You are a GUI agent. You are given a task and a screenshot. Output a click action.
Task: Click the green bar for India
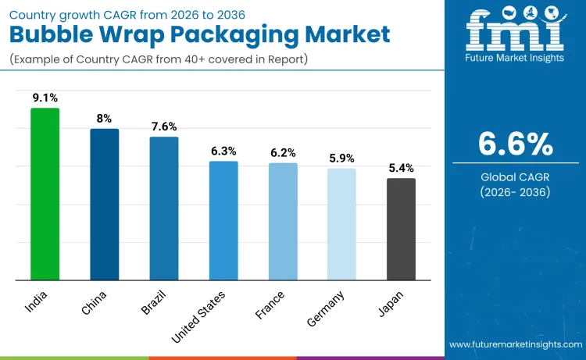pos(45,194)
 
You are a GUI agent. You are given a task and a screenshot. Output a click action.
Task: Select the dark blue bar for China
pos(104,204)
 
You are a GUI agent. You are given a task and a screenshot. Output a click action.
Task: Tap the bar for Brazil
pos(163,208)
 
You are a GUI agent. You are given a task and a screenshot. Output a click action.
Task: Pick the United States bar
pos(223,220)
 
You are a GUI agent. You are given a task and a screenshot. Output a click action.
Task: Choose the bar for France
pos(283,221)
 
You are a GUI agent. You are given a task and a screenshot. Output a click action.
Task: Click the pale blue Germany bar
pos(341,224)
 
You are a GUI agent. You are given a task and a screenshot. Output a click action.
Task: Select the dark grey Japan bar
pos(401,229)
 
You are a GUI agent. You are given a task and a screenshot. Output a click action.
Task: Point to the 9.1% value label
pos(45,98)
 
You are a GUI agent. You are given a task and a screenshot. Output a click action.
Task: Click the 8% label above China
pos(104,119)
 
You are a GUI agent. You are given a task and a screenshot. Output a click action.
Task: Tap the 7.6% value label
pos(163,127)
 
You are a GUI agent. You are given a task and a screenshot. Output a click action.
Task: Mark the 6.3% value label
pos(223,151)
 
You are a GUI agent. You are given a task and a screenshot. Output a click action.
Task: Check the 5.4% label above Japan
pos(401,168)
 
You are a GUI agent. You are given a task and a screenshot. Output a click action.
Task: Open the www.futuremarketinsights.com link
pos(515,344)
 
